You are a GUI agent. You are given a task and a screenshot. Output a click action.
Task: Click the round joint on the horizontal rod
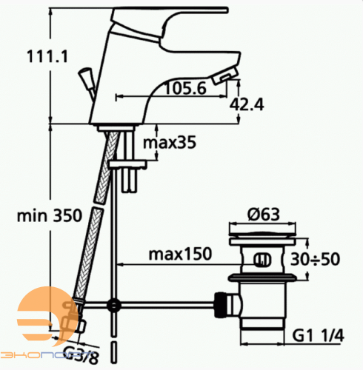pyautogui.click(x=113, y=304)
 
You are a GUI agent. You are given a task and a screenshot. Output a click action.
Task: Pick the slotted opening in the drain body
pyautogui.click(x=261, y=260)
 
